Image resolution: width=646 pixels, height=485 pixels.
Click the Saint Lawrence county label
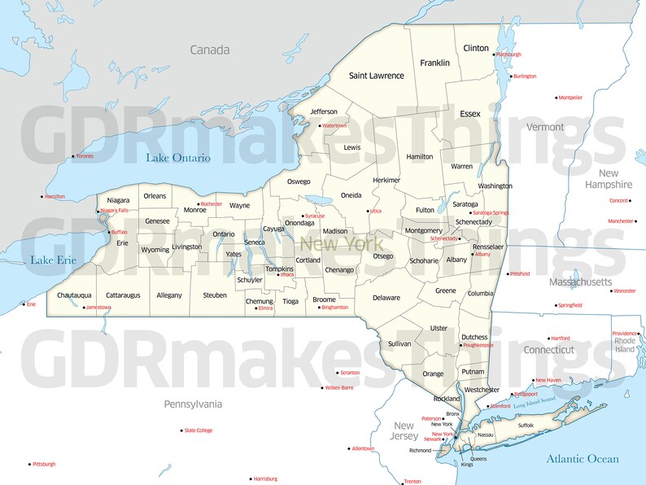pyautogui.click(x=376, y=76)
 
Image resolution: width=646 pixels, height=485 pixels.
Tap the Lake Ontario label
pyautogui.click(x=178, y=157)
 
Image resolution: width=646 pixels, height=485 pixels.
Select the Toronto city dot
pyautogui.click(x=73, y=156)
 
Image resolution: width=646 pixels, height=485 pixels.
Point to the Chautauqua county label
pyautogui.click(x=74, y=295)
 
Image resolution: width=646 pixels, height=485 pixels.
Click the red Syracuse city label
pyautogui.click(x=315, y=216)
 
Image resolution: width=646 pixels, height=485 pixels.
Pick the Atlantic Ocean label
pyautogui.click(x=583, y=459)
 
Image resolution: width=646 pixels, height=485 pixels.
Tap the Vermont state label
pyautogui.click(x=545, y=127)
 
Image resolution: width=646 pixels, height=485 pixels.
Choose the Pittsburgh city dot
pyautogui.click(x=30, y=464)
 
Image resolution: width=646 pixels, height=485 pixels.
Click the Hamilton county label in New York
pyautogui.click(x=420, y=156)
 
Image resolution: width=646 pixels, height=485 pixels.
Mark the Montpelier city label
pyautogui.click(x=571, y=98)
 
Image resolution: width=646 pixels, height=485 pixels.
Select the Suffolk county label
pyautogui.click(x=526, y=425)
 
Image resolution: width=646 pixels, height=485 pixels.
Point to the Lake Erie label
pyautogui.click(x=53, y=260)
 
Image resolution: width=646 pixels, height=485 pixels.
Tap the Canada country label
pyautogui.click(x=210, y=50)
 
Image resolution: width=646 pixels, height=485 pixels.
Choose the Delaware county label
pyautogui.click(x=386, y=298)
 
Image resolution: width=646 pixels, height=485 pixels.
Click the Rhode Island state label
pyautogui.click(x=625, y=345)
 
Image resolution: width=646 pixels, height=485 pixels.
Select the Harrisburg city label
pyautogui.click(x=266, y=478)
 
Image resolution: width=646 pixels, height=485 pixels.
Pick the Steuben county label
pyautogui.click(x=215, y=295)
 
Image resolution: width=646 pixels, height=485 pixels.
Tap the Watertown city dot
pyautogui.click(x=320, y=126)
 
